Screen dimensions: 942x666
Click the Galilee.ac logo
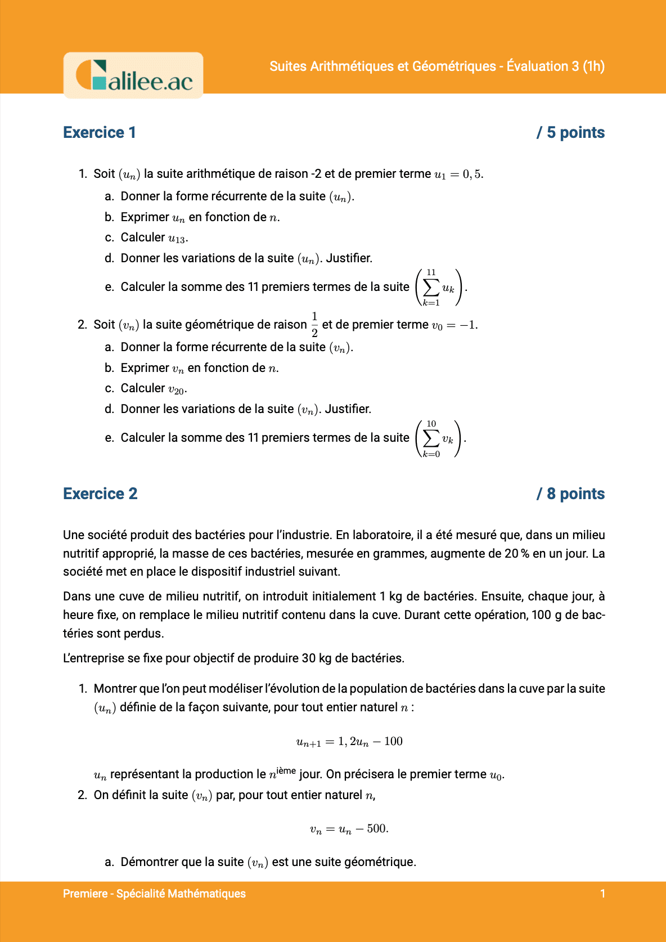click(133, 75)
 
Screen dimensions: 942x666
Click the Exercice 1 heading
click(100, 133)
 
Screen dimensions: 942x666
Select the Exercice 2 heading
click(100, 494)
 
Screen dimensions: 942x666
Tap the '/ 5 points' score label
click(570, 133)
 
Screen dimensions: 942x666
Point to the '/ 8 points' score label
click(570, 494)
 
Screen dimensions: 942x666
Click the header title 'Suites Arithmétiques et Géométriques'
click(382, 66)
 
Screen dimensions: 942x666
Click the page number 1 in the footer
click(602, 894)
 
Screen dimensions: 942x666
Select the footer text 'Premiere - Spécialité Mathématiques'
click(154, 894)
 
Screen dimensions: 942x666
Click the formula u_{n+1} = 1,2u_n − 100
click(349, 742)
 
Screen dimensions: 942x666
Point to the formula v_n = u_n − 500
click(349, 829)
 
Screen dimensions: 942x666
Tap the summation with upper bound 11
click(439, 288)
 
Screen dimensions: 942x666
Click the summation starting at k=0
click(439, 439)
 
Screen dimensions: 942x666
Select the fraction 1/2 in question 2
click(314, 325)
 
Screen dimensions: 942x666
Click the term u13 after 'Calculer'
click(177, 239)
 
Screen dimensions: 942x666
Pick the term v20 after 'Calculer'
click(177, 389)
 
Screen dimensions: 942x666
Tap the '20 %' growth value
click(516, 554)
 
